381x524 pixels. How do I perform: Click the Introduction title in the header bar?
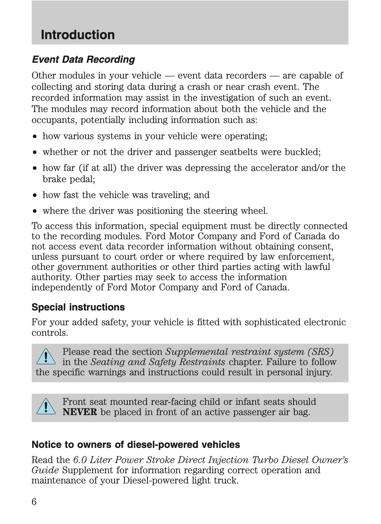78,35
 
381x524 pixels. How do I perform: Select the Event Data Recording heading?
83,60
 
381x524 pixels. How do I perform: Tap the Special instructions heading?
78,307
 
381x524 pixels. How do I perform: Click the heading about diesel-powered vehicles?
136,445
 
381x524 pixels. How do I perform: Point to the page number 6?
34,502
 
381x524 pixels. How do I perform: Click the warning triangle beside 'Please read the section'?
46,357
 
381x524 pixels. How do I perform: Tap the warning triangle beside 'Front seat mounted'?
46,407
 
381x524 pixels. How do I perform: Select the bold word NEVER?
79,412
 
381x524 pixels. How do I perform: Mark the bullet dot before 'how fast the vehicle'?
35,195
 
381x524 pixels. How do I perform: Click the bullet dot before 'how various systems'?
35,136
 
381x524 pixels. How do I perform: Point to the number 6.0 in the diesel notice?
80,460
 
